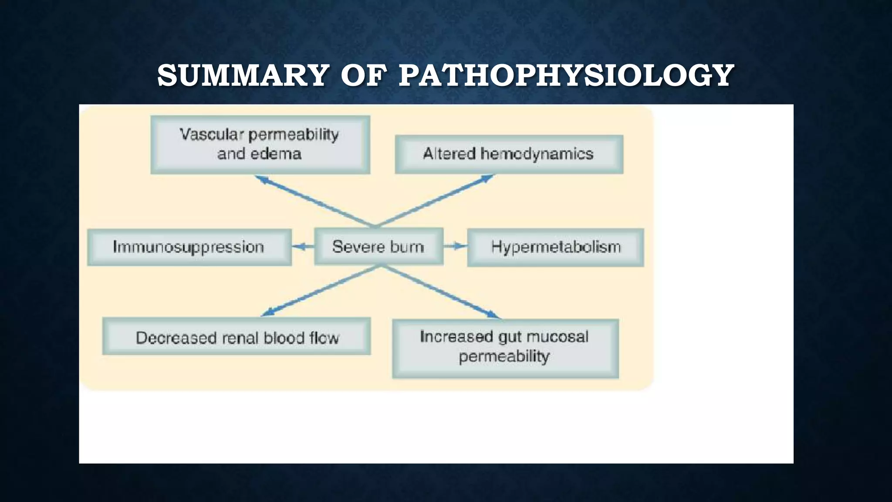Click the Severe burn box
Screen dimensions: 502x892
(378, 247)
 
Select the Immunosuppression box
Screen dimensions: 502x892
(189, 247)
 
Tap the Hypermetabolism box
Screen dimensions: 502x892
(555, 247)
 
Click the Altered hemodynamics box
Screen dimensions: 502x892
(509, 154)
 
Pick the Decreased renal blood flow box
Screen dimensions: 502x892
(237, 336)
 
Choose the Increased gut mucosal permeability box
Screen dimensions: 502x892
(505, 348)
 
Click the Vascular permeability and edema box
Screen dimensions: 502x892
(260, 145)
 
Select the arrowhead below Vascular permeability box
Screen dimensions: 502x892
(262, 179)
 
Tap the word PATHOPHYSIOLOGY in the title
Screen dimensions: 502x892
(566, 75)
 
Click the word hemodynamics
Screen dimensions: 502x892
(537, 154)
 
